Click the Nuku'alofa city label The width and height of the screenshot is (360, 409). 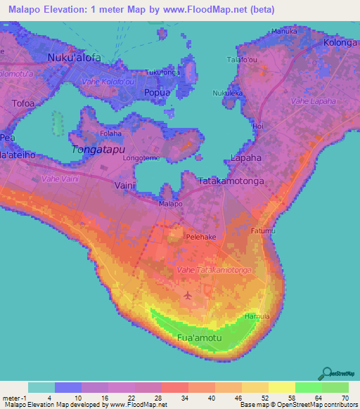coord(74,58)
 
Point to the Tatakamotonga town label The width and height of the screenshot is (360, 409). coord(231,181)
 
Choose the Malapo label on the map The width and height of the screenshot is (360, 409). coord(171,204)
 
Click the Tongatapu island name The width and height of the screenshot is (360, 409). coord(98,149)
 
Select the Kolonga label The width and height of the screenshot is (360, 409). coord(340,43)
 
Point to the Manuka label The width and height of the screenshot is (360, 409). coord(285,32)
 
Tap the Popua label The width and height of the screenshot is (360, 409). coord(157,92)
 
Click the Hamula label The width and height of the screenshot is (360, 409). coord(259,316)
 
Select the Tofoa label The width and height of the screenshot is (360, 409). coord(23,103)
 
